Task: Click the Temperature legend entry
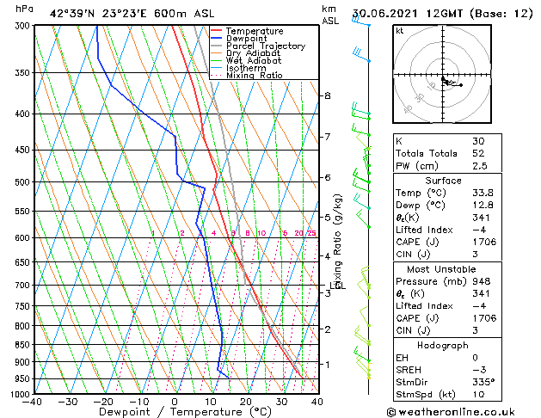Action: pos(255,31)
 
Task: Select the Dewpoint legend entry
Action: pos(249,39)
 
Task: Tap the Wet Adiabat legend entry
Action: pos(253,61)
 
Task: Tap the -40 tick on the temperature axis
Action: pos(33,403)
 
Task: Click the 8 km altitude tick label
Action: pos(327,95)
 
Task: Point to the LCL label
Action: pos(337,286)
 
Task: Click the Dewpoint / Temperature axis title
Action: pos(173,412)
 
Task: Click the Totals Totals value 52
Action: pos(478,152)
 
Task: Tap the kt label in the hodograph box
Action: pos(400,31)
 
